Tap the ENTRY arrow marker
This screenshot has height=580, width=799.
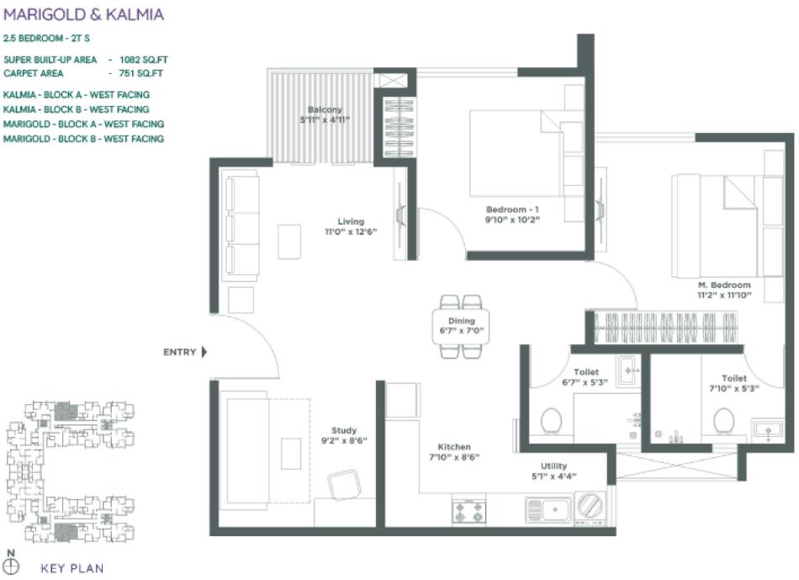(x=204, y=353)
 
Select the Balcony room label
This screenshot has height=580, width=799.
(x=324, y=110)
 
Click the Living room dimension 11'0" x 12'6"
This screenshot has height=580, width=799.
(x=351, y=231)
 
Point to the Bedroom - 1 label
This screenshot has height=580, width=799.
(x=511, y=209)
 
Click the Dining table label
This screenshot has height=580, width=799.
(x=461, y=321)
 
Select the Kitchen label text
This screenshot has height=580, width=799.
(x=453, y=447)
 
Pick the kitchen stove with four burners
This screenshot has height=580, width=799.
(x=468, y=510)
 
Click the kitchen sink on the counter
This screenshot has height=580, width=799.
(x=547, y=508)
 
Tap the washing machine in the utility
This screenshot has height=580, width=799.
(x=590, y=508)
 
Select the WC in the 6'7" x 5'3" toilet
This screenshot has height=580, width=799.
(x=552, y=418)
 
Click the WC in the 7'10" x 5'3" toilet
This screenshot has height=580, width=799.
(x=723, y=418)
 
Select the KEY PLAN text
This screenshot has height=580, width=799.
(x=72, y=568)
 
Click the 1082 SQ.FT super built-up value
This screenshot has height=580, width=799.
(x=140, y=59)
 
